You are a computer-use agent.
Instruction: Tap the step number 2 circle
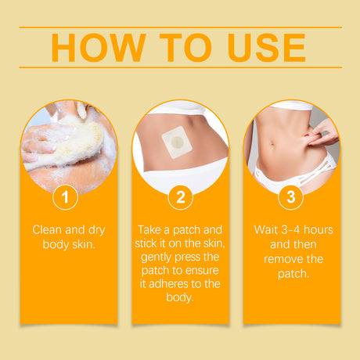[x=180, y=196]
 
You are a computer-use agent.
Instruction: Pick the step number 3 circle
[x=291, y=196]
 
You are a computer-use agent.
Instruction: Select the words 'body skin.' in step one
[x=68, y=244]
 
